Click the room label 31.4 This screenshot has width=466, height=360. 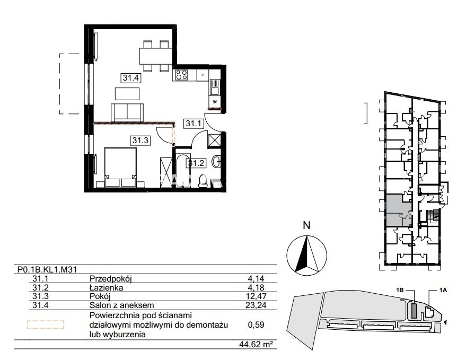pos(131,78)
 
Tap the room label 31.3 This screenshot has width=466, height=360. pos(140,140)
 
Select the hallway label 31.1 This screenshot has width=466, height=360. pos(194,123)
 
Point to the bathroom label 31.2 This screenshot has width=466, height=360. pos(196,163)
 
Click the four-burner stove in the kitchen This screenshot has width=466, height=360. pos(182,74)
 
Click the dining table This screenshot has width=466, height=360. pos(155,56)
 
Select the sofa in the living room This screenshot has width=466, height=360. pos(127,112)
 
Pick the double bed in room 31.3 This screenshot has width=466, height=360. pos(120,168)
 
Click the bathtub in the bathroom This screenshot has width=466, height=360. pos(183,170)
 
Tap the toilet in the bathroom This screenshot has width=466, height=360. pos(203,180)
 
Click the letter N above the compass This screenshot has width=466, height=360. pos(306,225)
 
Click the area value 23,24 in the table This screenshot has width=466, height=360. pos(256,305)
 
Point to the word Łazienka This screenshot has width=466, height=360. pos(106,287)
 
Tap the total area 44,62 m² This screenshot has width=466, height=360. pos(256,344)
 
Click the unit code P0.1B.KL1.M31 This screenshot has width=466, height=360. pos(48,269)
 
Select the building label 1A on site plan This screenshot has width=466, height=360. pos(443,290)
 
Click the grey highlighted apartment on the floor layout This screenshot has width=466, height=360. pos(399,210)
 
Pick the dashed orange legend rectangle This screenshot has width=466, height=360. pos(46,324)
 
